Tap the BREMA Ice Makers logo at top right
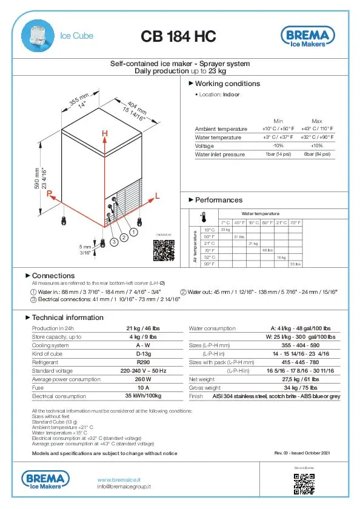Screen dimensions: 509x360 [307, 37]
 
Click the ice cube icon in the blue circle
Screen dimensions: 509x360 [38, 37]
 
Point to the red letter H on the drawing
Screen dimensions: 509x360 [105, 133]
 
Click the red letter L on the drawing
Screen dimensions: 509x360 [157, 196]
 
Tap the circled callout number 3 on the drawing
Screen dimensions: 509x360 [112, 242]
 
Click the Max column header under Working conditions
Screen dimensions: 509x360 [316, 121]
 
